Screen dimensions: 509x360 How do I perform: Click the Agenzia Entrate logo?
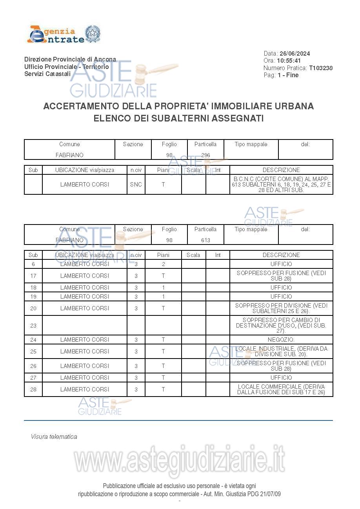click(64, 34)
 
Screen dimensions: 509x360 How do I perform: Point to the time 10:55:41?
click(289, 61)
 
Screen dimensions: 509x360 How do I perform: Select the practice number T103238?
click(321, 68)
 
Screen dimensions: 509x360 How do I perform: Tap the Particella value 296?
click(205, 155)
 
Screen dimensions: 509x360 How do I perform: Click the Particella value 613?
click(205, 240)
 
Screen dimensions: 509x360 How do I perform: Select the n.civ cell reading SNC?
click(136, 185)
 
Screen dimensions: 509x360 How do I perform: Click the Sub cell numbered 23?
click(33, 325)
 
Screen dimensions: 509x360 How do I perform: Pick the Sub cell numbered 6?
click(33, 264)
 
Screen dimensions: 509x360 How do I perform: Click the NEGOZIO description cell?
click(281, 340)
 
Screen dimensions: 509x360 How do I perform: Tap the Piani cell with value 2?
click(164, 264)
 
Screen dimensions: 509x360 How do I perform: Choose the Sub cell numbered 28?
click(33, 389)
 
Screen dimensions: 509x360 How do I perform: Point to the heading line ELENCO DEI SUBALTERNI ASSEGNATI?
click(178, 118)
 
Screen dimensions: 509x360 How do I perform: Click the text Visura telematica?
click(54, 437)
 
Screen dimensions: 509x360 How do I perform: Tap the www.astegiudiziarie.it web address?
click(180, 461)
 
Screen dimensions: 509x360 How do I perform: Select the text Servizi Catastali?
click(47, 74)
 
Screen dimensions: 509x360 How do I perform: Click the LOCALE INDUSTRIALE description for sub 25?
click(281, 351)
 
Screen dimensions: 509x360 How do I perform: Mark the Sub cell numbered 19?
click(33, 297)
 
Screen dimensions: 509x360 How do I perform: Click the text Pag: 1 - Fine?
click(281, 75)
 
